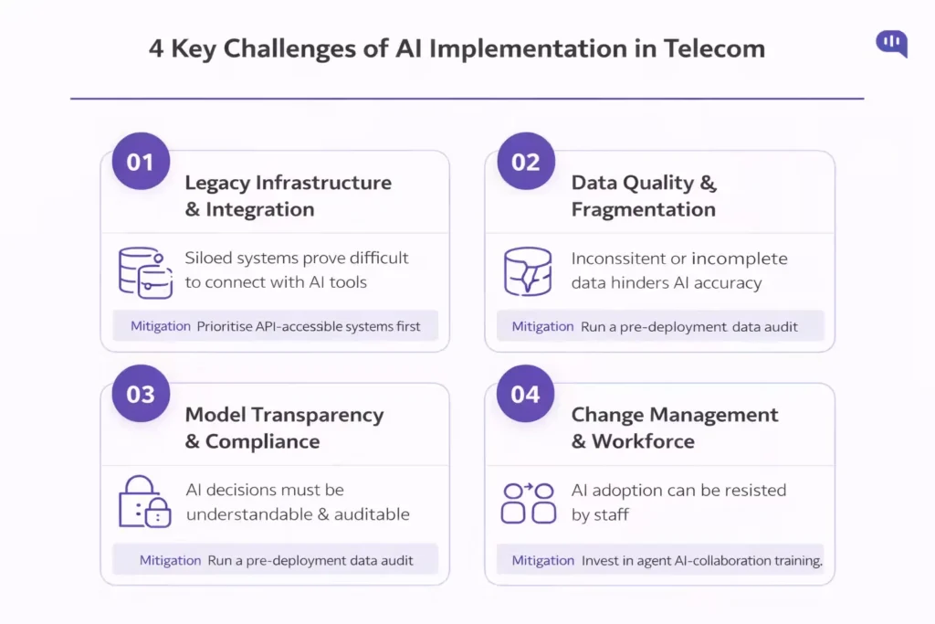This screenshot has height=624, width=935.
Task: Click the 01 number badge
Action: click(141, 163)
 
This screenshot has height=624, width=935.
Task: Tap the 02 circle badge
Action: click(526, 163)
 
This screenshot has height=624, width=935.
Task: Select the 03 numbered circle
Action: click(141, 395)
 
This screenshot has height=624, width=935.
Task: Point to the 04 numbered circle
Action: click(526, 395)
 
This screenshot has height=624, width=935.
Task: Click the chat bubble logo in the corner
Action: click(891, 43)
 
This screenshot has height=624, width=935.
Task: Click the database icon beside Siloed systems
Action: click(145, 271)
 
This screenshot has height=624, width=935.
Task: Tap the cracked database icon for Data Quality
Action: click(528, 271)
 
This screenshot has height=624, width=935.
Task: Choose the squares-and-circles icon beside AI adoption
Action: click(529, 502)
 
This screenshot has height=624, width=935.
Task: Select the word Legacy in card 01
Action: click(217, 183)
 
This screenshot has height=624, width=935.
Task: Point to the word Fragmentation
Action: click(644, 209)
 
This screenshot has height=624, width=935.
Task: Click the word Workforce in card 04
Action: click(643, 441)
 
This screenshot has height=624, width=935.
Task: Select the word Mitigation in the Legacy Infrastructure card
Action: click(160, 326)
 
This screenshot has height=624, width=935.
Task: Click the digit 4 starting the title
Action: click(156, 48)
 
